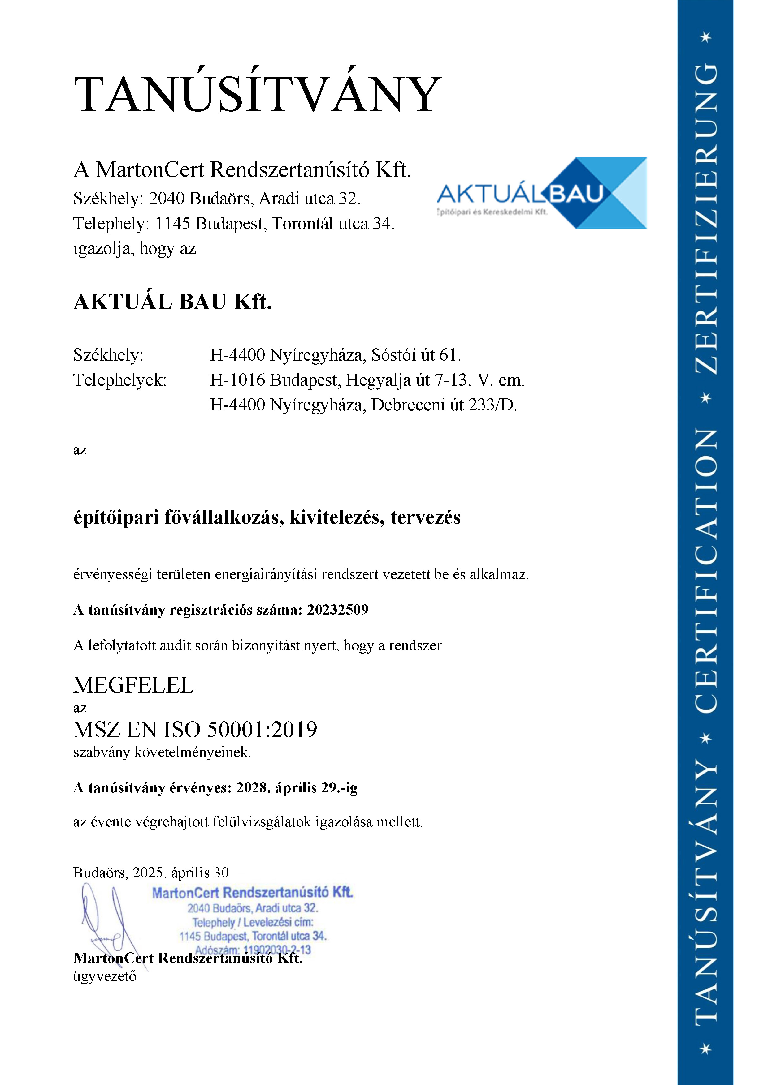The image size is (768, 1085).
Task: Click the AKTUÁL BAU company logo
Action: [x=541, y=193]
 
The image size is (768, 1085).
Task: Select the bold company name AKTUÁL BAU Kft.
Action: [x=173, y=302]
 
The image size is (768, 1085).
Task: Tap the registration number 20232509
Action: [x=338, y=610]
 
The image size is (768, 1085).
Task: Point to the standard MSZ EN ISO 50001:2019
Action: [x=195, y=730]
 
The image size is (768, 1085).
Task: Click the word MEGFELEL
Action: [x=133, y=685]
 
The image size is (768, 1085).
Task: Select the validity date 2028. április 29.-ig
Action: [x=297, y=788]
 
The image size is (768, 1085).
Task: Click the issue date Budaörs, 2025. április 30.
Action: [x=152, y=872]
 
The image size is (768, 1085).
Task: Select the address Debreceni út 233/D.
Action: [x=444, y=405]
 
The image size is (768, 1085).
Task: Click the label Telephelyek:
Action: [x=120, y=380]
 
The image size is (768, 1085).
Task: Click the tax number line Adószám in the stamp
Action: [x=253, y=950]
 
